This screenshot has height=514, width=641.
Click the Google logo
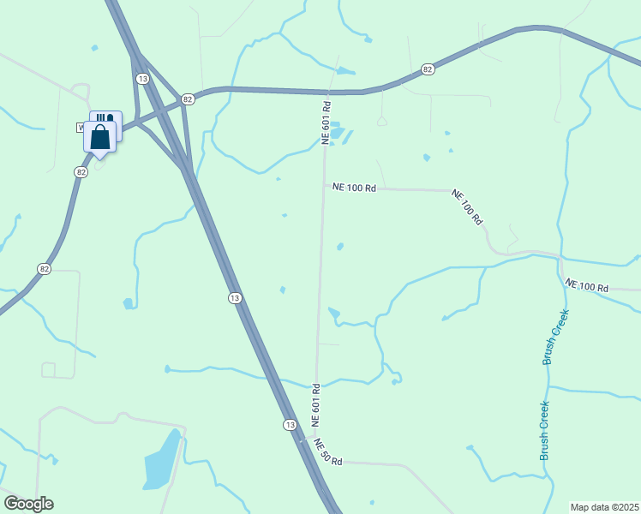pyautogui.click(x=28, y=504)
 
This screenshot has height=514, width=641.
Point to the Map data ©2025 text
pyautogui.click(x=603, y=507)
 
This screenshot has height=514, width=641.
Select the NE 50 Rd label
pyautogui.click(x=328, y=451)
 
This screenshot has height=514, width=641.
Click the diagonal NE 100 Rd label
pyautogui.click(x=468, y=206)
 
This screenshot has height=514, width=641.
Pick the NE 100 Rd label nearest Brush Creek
pyautogui.click(x=586, y=286)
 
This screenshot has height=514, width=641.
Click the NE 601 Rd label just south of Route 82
pyautogui.click(x=326, y=123)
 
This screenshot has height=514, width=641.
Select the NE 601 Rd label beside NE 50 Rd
pyautogui.click(x=315, y=405)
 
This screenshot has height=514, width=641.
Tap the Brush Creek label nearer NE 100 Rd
pyautogui.click(x=556, y=337)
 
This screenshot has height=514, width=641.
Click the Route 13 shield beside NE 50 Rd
pyautogui.click(x=290, y=425)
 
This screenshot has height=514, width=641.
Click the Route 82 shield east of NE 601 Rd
pyautogui.click(x=428, y=69)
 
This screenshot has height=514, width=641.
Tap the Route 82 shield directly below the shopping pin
pyautogui.click(x=81, y=172)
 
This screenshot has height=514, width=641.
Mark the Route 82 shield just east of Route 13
pyautogui.click(x=188, y=100)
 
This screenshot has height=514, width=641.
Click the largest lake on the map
pyautogui.click(x=162, y=461)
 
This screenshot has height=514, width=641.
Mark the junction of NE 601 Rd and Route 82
pyautogui.click(x=327, y=92)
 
